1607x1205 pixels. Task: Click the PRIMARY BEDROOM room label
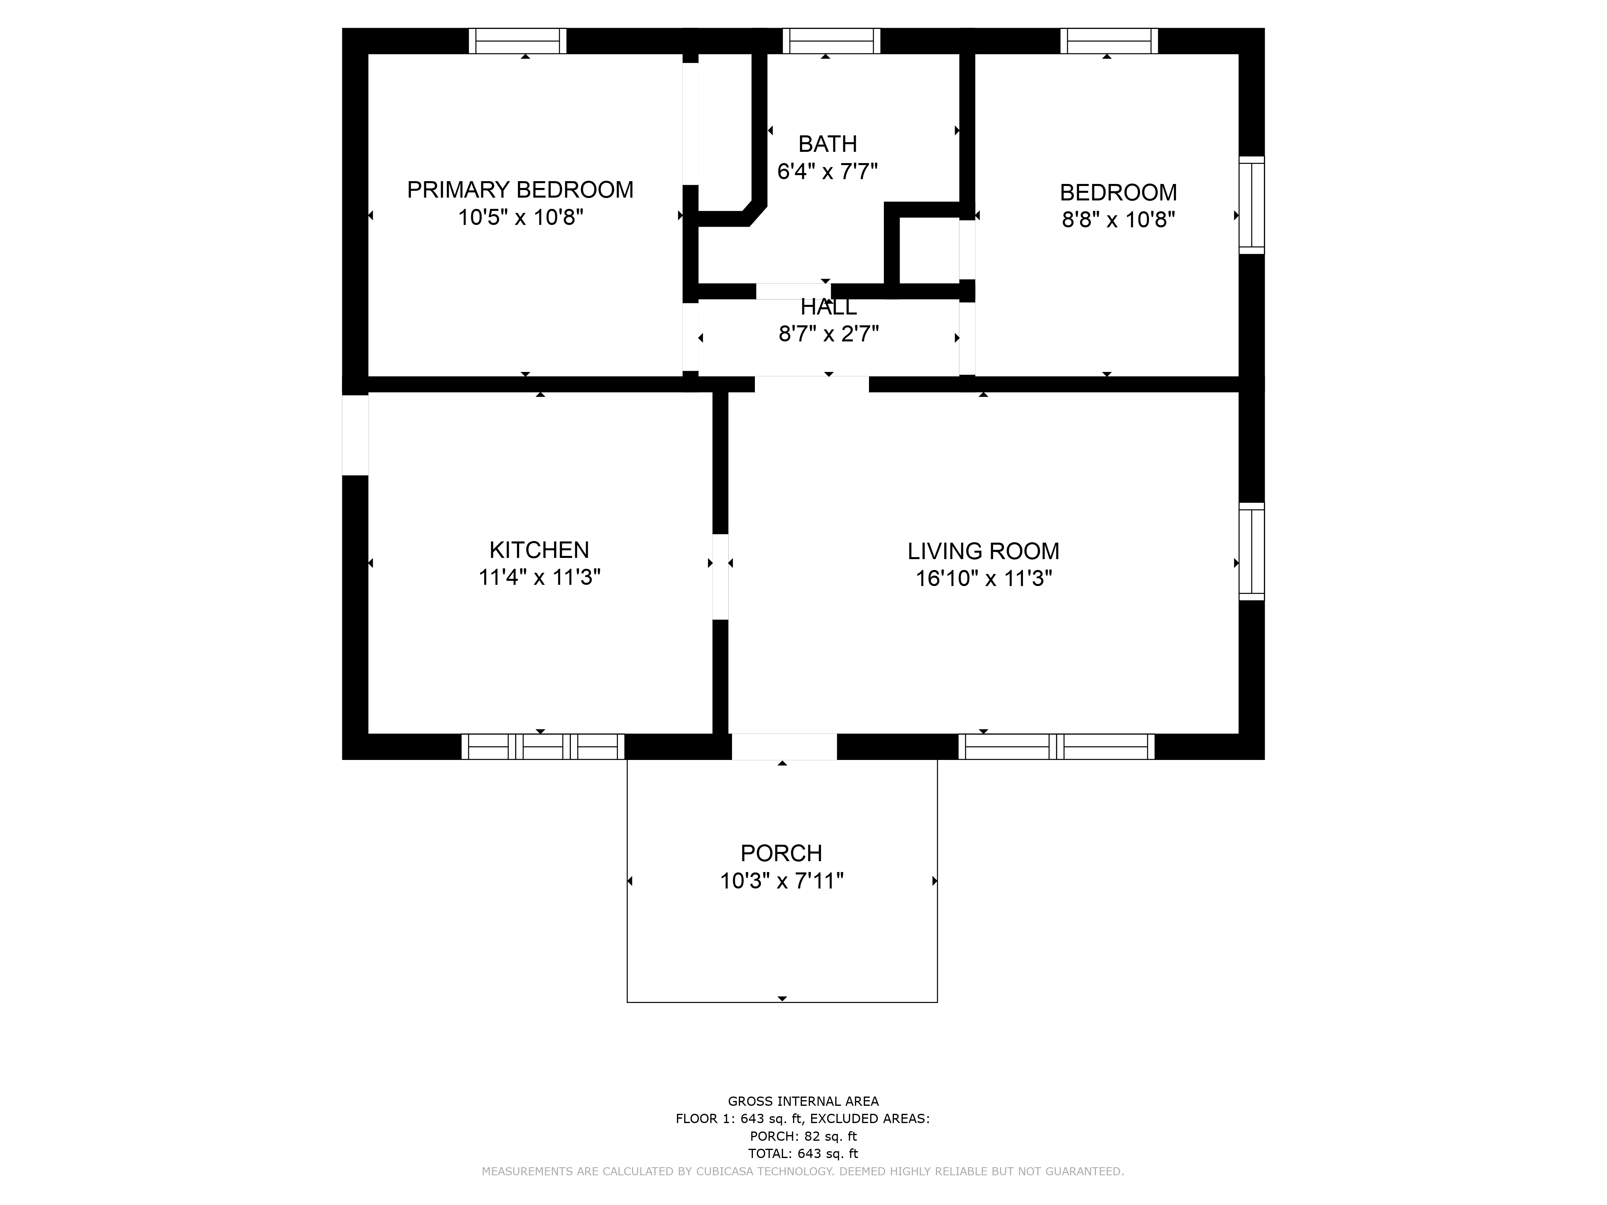520,190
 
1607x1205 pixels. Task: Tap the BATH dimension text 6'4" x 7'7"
828,172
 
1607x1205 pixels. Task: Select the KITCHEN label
539,550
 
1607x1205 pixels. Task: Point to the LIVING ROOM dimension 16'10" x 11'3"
983,578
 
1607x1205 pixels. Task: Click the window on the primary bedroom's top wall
517,41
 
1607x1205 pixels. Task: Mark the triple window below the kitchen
543,747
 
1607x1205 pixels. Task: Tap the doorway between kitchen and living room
720,577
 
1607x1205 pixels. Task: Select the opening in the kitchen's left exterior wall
355,435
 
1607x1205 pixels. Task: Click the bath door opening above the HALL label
793,291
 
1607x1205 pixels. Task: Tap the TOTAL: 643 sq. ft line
803,1154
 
